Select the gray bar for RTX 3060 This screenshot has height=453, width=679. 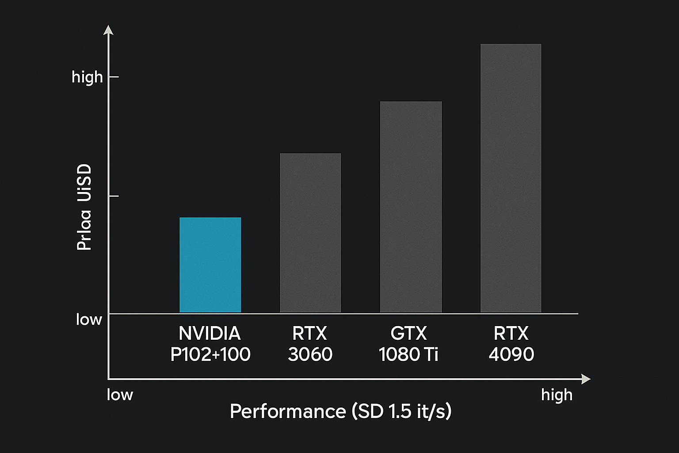[x=310, y=233]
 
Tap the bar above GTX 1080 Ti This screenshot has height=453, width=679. [x=411, y=207]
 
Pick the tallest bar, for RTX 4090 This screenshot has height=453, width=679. [x=511, y=178]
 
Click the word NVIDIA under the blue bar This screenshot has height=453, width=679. [x=210, y=333]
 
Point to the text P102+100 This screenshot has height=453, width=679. [x=210, y=354]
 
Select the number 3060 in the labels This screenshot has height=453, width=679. [x=310, y=354]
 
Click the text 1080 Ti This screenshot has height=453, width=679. [x=408, y=354]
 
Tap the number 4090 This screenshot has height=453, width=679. [x=511, y=354]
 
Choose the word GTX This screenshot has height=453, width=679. [x=408, y=333]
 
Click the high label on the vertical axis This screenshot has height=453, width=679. [x=87, y=77]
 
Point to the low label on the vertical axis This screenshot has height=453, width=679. [x=89, y=319]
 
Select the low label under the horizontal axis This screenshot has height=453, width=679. [x=120, y=395]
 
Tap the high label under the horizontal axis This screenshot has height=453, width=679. [x=557, y=395]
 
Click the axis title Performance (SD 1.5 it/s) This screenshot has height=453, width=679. [x=340, y=411]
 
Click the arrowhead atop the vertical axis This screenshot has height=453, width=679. [x=108, y=30]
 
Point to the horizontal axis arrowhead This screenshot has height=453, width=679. [x=586, y=379]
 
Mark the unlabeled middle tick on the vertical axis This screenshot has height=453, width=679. [x=114, y=196]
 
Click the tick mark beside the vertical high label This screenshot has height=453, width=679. [x=114, y=77]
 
